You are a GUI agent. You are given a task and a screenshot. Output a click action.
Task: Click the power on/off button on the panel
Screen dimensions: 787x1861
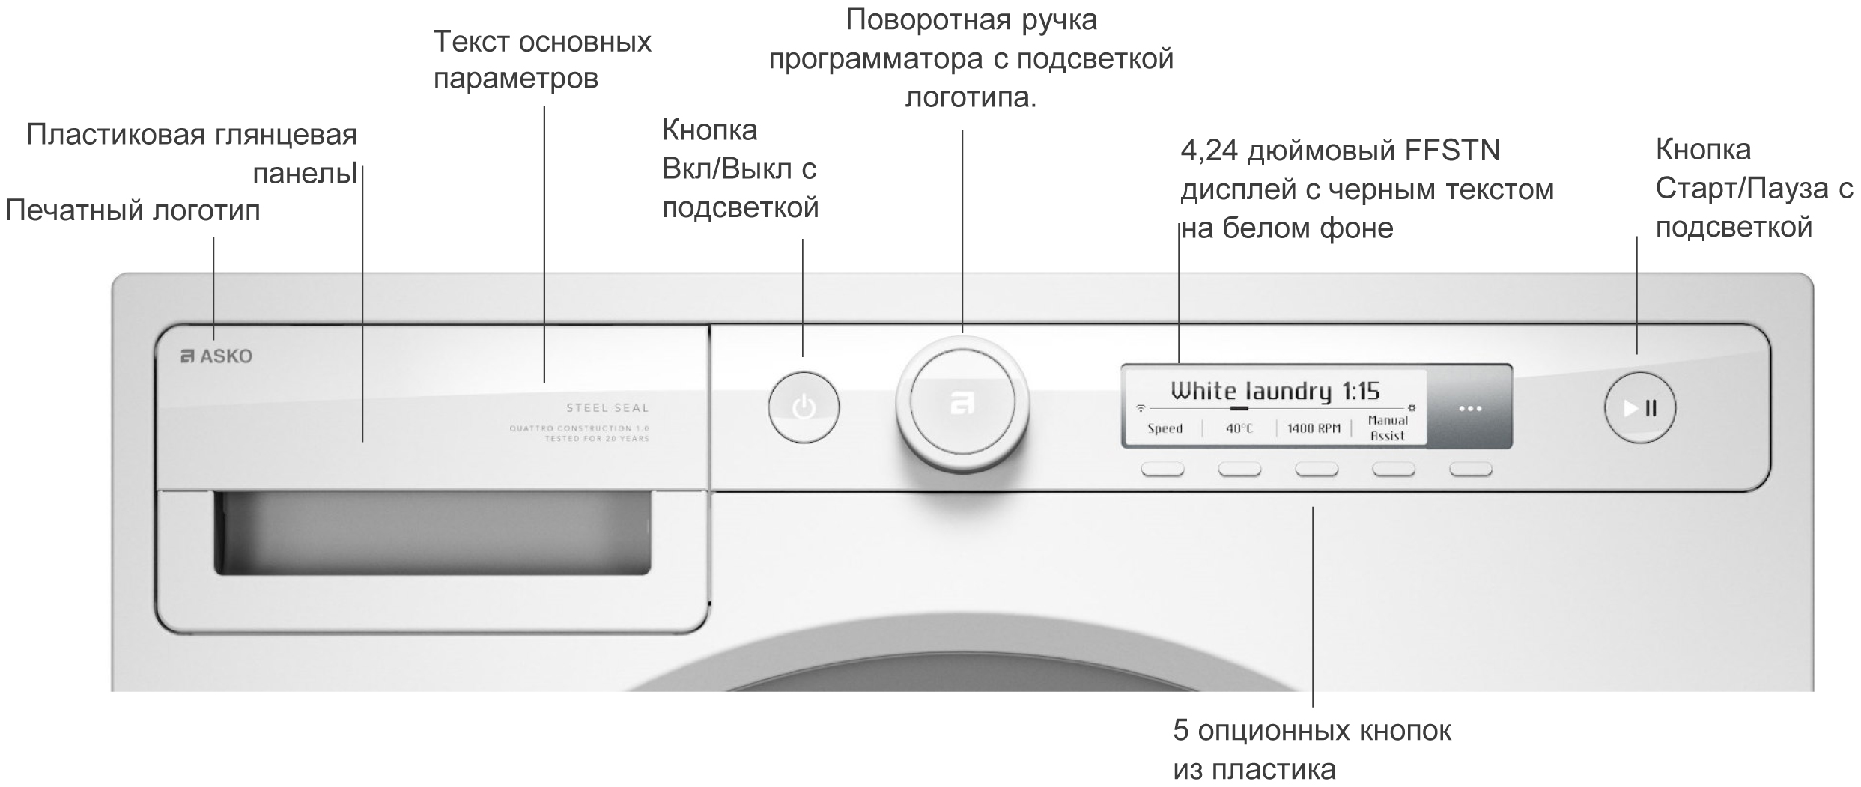tap(804, 407)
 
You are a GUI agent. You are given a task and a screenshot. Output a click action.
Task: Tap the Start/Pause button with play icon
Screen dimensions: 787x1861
tap(1639, 408)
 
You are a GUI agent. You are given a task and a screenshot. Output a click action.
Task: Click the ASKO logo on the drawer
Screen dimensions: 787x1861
tap(217, 356)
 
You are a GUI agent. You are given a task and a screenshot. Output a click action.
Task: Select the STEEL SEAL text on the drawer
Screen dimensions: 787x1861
tap(607, 408)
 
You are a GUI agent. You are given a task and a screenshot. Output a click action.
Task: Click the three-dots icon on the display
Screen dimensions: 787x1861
tap(1470, 409)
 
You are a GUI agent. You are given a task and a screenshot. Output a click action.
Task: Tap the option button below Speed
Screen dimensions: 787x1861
tap(1162, 470)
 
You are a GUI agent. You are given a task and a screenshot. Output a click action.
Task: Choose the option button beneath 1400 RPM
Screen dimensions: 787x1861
tap(1317, 470)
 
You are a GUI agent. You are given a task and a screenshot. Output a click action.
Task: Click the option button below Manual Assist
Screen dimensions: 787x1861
tap(1393, 470)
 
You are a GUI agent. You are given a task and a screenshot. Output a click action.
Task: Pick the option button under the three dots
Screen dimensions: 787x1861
tap(1471, 470)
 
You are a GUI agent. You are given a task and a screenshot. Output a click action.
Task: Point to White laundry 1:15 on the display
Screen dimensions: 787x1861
tap(1275, 391)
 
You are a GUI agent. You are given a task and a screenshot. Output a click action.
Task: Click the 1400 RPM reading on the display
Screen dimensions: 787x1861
tap(1314, 428)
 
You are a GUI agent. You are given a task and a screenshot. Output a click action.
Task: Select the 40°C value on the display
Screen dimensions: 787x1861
tap(1239, 428)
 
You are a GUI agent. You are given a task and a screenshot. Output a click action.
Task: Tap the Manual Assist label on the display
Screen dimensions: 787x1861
tap(1387, 428)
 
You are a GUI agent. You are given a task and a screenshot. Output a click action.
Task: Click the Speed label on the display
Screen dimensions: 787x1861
tap(1165, 428)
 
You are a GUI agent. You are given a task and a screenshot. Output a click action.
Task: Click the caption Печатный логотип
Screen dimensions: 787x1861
tap(133, 211)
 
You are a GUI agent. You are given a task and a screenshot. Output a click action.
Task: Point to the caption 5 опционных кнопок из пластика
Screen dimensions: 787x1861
tap(1311, 750)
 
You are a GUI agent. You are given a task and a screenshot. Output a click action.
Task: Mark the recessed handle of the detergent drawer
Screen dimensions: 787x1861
tap(432, 533)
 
